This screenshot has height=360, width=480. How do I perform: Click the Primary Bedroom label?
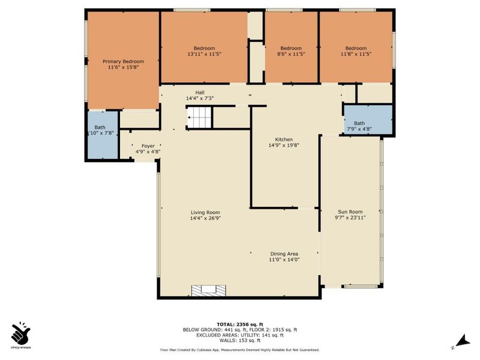click(123, 61)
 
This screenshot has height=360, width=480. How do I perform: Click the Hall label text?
click(191, 92)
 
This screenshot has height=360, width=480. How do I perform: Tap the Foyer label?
click(147, 146)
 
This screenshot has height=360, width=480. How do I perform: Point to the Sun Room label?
click(350, 212)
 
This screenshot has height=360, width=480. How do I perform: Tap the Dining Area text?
click(284, 253)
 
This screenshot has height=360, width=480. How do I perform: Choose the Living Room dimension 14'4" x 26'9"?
click(205, 218)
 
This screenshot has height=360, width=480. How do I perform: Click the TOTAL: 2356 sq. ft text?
click(240, 324)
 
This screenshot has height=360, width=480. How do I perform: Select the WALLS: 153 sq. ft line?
click(240, 340)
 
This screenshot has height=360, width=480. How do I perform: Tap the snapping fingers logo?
click(21, 333)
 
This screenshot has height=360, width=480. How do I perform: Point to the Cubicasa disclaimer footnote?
click(240, 349)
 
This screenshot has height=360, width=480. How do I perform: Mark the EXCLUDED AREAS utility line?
click(240, 335)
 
